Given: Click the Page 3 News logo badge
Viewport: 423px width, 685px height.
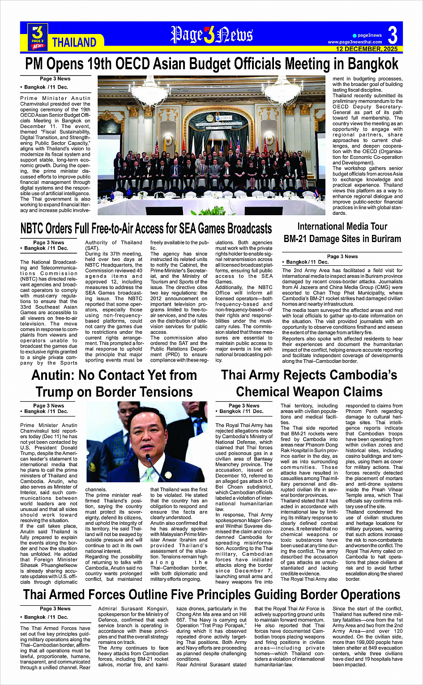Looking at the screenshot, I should [x=38, y=37].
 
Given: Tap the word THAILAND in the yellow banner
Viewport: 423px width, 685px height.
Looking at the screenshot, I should [x=74, y=43].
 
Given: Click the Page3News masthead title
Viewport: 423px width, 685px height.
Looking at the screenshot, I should [x=211, y=34].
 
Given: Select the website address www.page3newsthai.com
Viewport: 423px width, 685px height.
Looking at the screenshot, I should [x=355, y=42].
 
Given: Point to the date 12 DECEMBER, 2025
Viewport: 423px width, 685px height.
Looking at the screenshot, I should [x=367, y=49].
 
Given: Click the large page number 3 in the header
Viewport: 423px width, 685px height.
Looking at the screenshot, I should [x=393, y=35].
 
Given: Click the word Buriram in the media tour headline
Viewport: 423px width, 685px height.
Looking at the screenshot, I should [x=383, y=238].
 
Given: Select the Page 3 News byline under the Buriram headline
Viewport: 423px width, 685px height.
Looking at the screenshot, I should [x=342, y=256].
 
